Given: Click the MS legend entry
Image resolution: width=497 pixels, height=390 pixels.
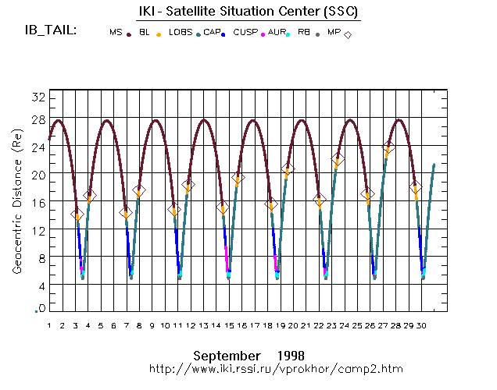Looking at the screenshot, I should tap(116, 34).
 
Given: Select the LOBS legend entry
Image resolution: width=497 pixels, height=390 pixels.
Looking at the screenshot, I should tap(180, 34).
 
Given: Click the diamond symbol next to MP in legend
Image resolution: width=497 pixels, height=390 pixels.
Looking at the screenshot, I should tap(349, 34).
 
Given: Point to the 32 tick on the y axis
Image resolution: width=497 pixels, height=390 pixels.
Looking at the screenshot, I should tap(36, 96).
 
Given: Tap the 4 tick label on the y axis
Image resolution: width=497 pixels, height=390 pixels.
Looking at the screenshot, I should tap(39, 287).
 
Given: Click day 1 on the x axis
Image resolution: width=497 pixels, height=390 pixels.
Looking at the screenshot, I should tap(48, 325).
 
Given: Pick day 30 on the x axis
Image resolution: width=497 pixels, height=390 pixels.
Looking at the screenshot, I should tap(421, 325).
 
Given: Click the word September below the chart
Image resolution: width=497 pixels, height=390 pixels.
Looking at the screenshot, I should tap(227, 353).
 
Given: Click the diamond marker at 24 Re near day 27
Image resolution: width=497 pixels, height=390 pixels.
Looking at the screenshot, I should tap(388, 147).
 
